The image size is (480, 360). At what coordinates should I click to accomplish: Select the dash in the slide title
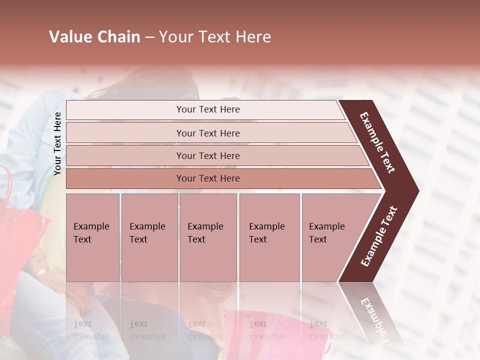coord(149,37)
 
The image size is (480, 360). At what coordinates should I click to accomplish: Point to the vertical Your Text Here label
coord(57,143)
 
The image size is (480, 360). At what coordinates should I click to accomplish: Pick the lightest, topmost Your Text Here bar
coord(207,109)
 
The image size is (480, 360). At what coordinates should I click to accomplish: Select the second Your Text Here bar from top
coord(207,133)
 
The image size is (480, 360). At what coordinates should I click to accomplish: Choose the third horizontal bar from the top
coord(207,155)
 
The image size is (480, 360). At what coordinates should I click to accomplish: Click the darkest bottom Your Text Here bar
coord(207,178)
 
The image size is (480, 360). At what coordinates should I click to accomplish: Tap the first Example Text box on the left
coord(92,237)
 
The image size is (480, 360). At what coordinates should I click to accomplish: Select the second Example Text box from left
coord(149,237)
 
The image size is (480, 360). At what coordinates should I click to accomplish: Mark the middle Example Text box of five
coord(208,237)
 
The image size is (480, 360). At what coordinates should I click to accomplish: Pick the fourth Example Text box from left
coord(269,237)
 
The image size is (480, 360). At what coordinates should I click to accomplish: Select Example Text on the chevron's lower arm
coord(379,236)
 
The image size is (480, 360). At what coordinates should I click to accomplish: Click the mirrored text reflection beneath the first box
coord(91,330)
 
